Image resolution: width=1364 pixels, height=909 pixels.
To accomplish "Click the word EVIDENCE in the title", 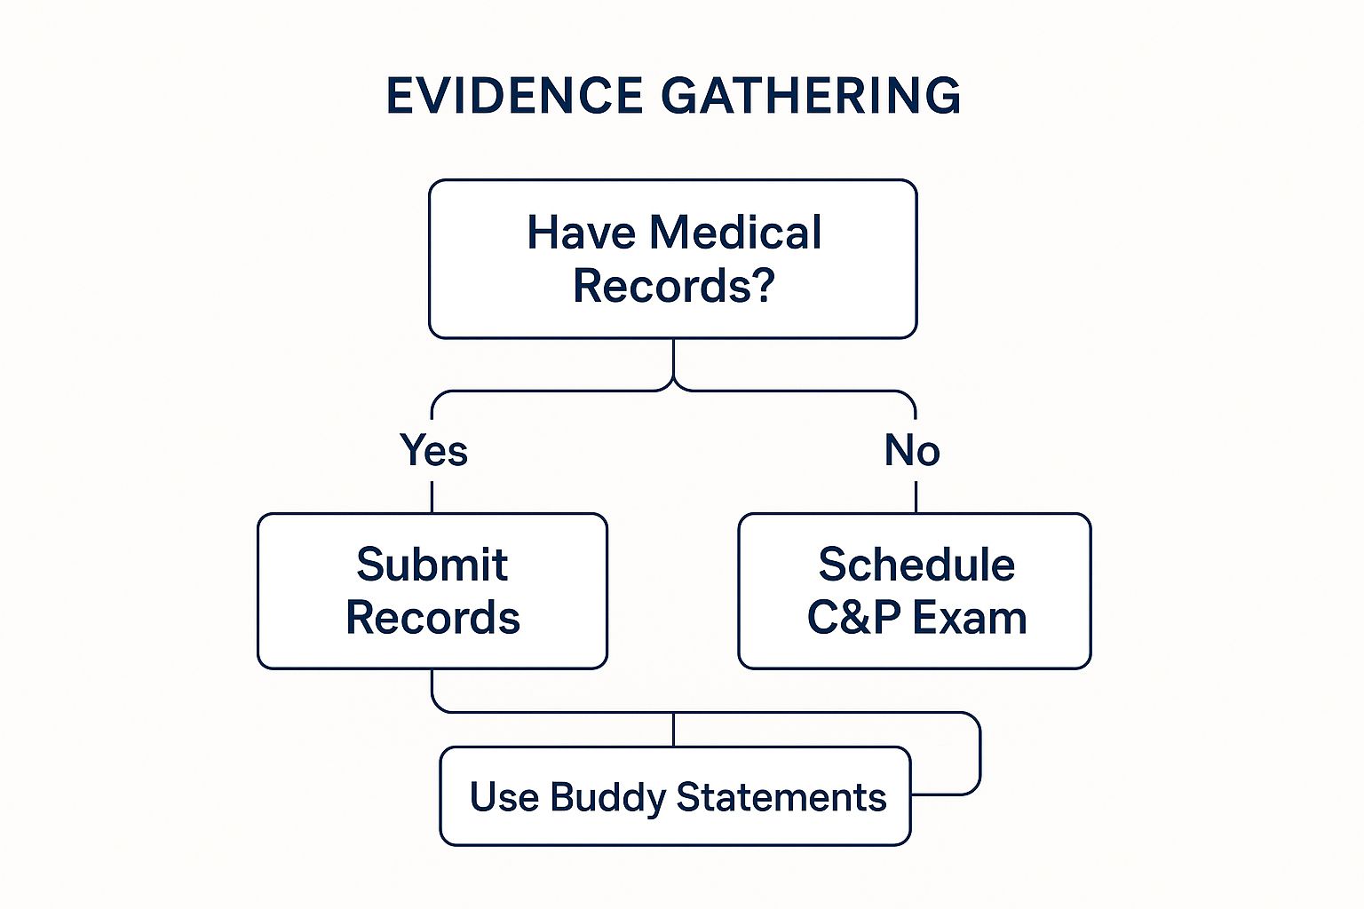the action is (x=514, y=96).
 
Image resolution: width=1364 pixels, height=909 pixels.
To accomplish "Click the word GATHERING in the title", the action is (x=811, y=96).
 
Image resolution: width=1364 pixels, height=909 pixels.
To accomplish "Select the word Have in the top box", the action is (x=581, y=233).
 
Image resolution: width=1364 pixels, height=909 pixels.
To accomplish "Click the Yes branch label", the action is (x=433, y=451).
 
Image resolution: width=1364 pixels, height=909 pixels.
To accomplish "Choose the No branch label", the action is (x=912, y=451).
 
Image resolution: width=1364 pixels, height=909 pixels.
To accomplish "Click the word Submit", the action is (x=432, y=565).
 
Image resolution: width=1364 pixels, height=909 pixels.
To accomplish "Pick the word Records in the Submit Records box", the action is (x=433, y=617).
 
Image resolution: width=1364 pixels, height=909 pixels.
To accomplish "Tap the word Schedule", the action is (x=916, y=565).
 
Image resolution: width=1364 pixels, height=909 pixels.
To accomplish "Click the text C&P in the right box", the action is (x=853, y=617).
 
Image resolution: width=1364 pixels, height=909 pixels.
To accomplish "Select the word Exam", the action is (x=970, y=617).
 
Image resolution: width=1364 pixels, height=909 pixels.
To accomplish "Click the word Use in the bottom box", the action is (x=504, y=796).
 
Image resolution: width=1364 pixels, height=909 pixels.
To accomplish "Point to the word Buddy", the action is (x=608, y=797).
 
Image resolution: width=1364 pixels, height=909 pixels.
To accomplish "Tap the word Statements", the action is (x=781, y=796).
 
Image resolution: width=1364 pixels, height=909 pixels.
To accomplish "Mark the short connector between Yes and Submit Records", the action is (x=432, y=497).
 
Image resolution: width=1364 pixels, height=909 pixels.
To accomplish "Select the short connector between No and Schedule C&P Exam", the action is (x=916, y=497).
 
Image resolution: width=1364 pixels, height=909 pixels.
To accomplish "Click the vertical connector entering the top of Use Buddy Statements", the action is (x=673, y=730).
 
